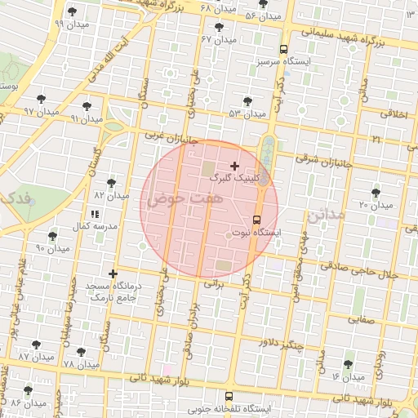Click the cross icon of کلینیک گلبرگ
(x=235, y=166)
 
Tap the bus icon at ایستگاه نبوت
(x=256, y=220)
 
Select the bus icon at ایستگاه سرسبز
(x=283, y=48)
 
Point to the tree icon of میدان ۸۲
(x=111, y=183)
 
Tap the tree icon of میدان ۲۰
(x=376, y=193)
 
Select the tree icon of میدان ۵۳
(x=247, y=101)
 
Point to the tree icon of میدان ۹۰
(x=53, y=235)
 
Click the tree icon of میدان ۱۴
(x=349, y=364)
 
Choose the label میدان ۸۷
(x=35, y=357)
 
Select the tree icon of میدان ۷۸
(x=82, y=351)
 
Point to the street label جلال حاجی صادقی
(x=358, y=269)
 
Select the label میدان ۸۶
(x=27, y=403)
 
